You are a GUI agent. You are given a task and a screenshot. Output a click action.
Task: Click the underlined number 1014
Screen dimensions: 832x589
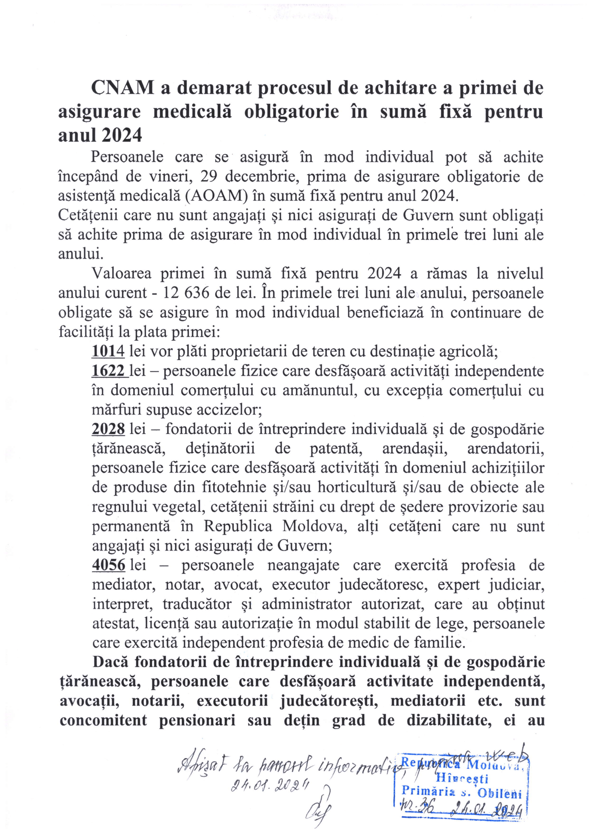coord(108,351)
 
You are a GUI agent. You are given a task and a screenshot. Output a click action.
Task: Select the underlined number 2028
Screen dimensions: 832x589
coord(108,429)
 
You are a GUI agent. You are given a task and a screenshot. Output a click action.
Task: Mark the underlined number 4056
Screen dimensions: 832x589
coord(109,565)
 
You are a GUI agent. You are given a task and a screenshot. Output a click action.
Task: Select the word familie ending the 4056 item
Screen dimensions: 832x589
coord(445,643)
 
